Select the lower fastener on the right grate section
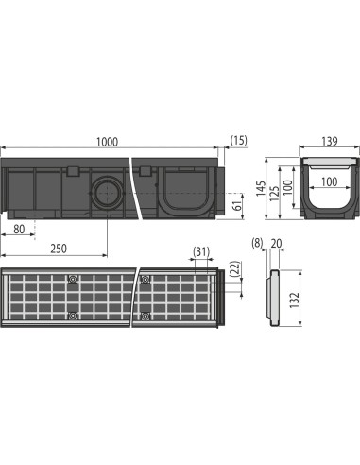pyautogui.click(x=145, y=316)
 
